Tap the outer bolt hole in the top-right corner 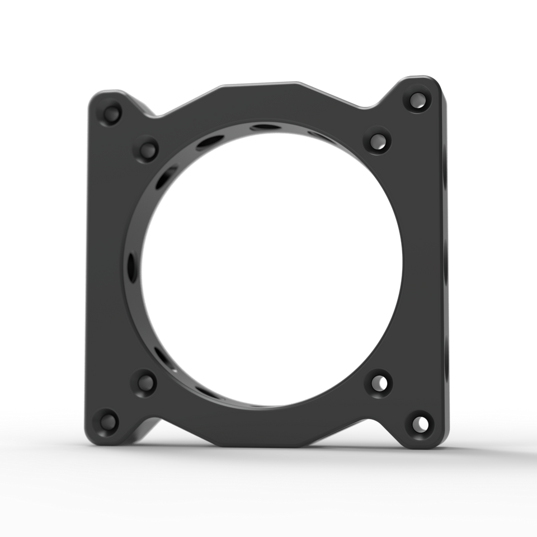pos(417,100)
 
